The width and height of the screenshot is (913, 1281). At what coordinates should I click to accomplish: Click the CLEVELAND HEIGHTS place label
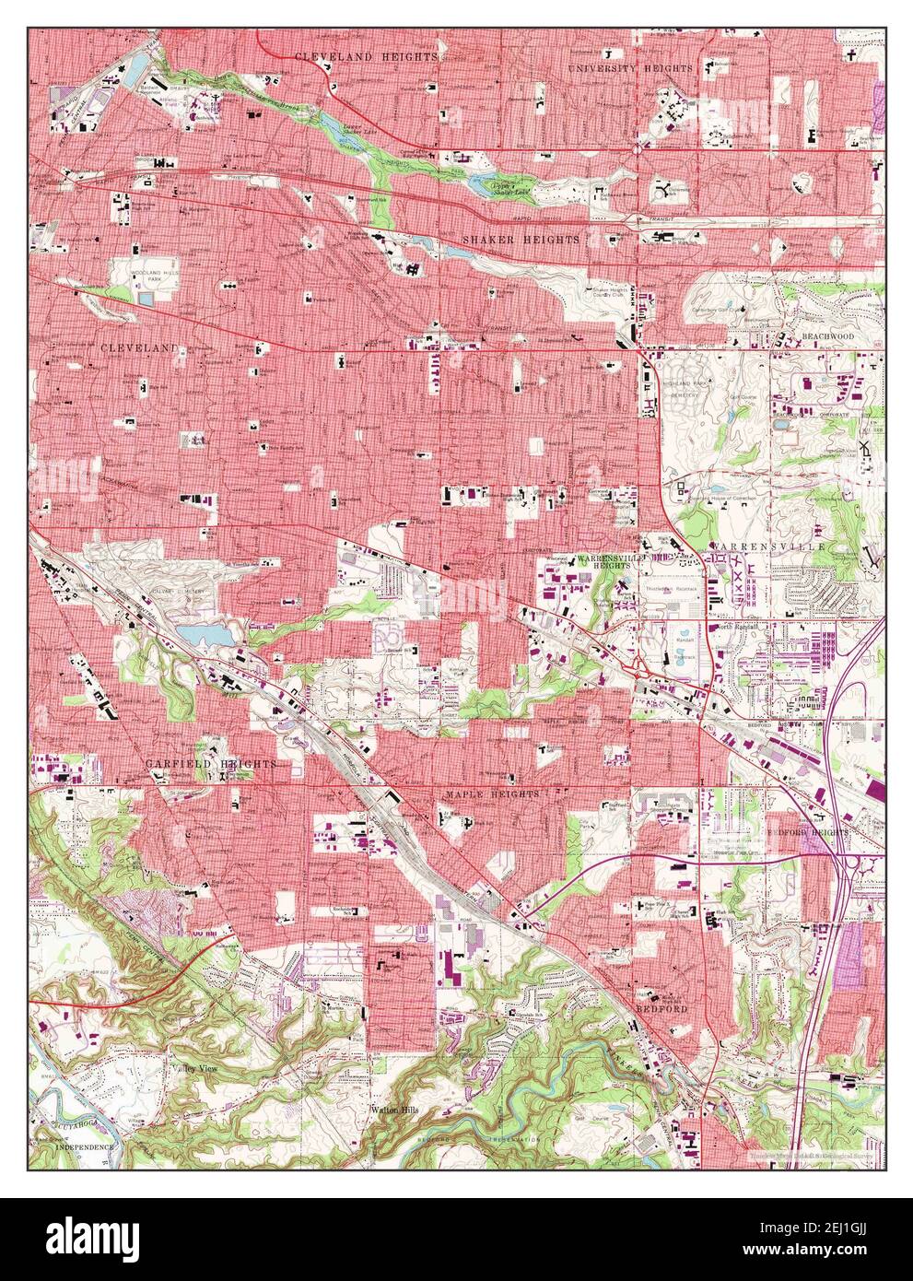(x=367, y=57)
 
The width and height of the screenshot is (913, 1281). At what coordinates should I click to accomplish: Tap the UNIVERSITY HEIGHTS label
(x=630, y=69)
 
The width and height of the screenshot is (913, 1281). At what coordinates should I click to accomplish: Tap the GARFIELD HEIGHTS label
(x=210, y=765)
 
